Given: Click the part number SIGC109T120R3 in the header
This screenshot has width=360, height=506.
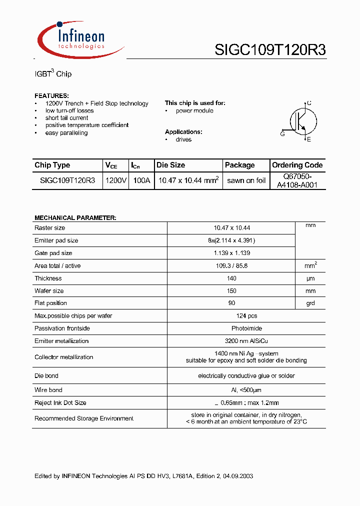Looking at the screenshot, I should pyautogui.click(x=270, y=50).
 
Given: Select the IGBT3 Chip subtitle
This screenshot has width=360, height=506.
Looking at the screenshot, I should pyautogui.click(x=53, y=74).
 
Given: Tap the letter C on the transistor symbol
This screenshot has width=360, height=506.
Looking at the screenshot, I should pyautogui.click(x=309, y=103).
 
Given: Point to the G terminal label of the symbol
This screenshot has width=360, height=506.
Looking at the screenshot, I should pyautogui.click(x=282, y=133).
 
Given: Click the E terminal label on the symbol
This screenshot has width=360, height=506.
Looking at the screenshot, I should pyautogui.click(x=309, y=139).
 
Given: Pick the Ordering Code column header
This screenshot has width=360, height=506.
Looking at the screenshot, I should pyautogui.click(x=297, y=165).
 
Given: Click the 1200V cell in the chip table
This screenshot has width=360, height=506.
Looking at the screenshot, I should pyautogui.click(x=116, y=180).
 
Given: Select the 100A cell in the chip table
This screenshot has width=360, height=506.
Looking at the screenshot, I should pyautogui.click(x=141, y=180).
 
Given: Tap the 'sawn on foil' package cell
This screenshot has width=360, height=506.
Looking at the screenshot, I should pyautogui.click(x=246, y=180).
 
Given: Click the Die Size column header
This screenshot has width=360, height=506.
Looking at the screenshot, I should pyautogui.click(x=170, y=165).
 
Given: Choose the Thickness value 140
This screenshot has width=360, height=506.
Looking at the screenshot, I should pyautogui.click(x=231, y=278).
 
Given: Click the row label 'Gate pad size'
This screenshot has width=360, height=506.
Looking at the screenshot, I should pyautogui.click(x=53, y=253).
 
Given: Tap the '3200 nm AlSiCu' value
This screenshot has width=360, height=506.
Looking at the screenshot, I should pyautogui.click(x=231, y=341).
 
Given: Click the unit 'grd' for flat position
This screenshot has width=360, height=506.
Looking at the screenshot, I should pyautogui.click(x=310, y=303).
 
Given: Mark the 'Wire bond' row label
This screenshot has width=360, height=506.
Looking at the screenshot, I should pyautogui.click(x=48, y=390).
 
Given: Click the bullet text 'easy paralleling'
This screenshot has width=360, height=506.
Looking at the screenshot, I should pyautogui.click(x=66, y=133).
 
